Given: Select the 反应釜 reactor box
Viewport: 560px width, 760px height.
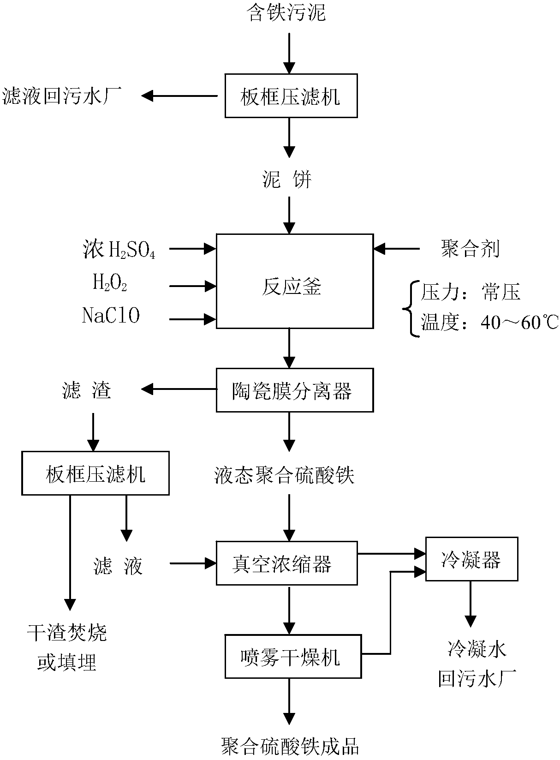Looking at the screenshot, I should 295,281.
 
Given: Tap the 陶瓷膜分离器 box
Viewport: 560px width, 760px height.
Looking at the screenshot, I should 295,390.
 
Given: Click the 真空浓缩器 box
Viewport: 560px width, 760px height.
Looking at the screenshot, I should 286,563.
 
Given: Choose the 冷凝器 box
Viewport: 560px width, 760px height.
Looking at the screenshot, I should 471,559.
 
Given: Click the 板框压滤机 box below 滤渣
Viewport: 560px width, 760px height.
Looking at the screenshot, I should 95,473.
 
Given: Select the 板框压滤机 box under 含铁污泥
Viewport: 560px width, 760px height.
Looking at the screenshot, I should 291,96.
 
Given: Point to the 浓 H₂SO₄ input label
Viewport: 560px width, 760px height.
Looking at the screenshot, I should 119,250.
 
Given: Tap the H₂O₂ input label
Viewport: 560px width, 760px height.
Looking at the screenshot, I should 110,282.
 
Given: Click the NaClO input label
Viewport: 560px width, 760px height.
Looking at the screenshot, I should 111,316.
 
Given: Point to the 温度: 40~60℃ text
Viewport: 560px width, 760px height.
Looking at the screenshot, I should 489,322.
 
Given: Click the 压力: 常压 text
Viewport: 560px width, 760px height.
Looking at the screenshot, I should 471,292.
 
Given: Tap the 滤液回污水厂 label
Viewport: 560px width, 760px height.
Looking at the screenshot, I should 62,96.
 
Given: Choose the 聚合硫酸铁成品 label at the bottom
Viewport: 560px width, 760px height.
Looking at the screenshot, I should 290,746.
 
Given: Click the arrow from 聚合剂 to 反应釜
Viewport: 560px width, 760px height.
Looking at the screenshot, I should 397,249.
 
